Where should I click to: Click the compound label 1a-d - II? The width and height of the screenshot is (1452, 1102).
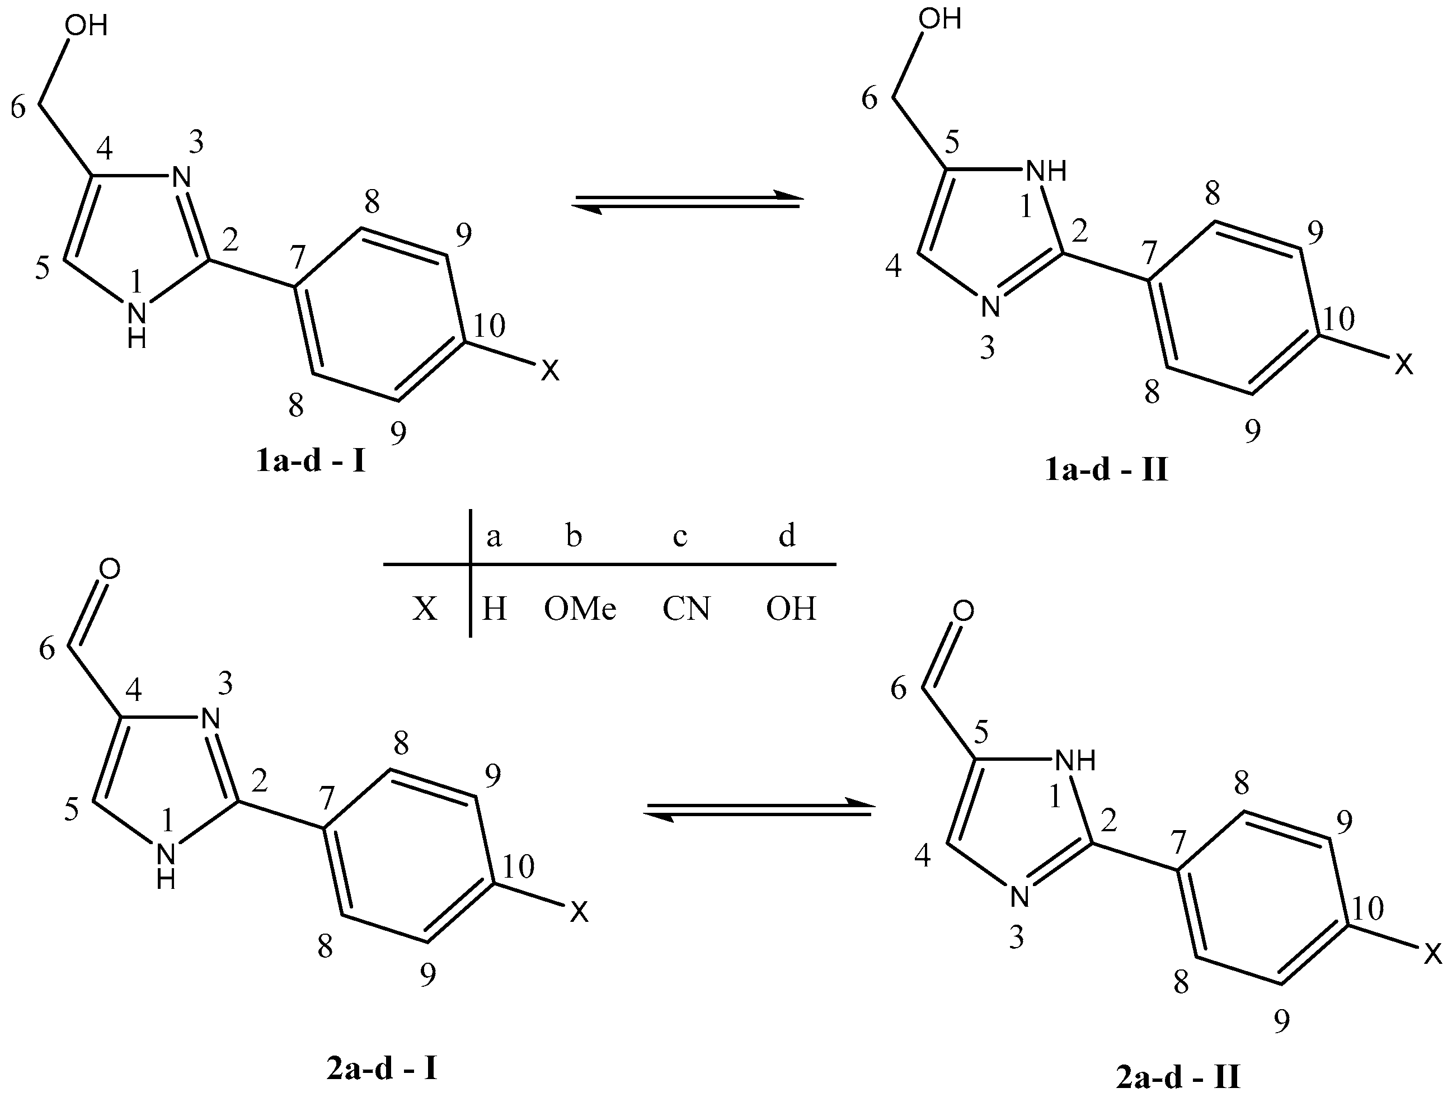[x=1106, y=470]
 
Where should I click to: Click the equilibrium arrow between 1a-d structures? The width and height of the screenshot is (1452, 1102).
[x=687, y=200]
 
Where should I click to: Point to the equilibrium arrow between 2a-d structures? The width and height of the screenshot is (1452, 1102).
[x=758, y=809]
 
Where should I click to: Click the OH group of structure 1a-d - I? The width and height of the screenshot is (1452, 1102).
[x=86, y=26]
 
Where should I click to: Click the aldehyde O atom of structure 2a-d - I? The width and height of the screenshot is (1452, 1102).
[x=110, y=569]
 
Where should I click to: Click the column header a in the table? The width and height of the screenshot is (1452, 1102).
[x=494, y=537]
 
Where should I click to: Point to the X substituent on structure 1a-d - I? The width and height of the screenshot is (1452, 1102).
[x=549, y=371]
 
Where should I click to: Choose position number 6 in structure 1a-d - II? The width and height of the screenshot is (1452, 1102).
[x=869, y=98]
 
